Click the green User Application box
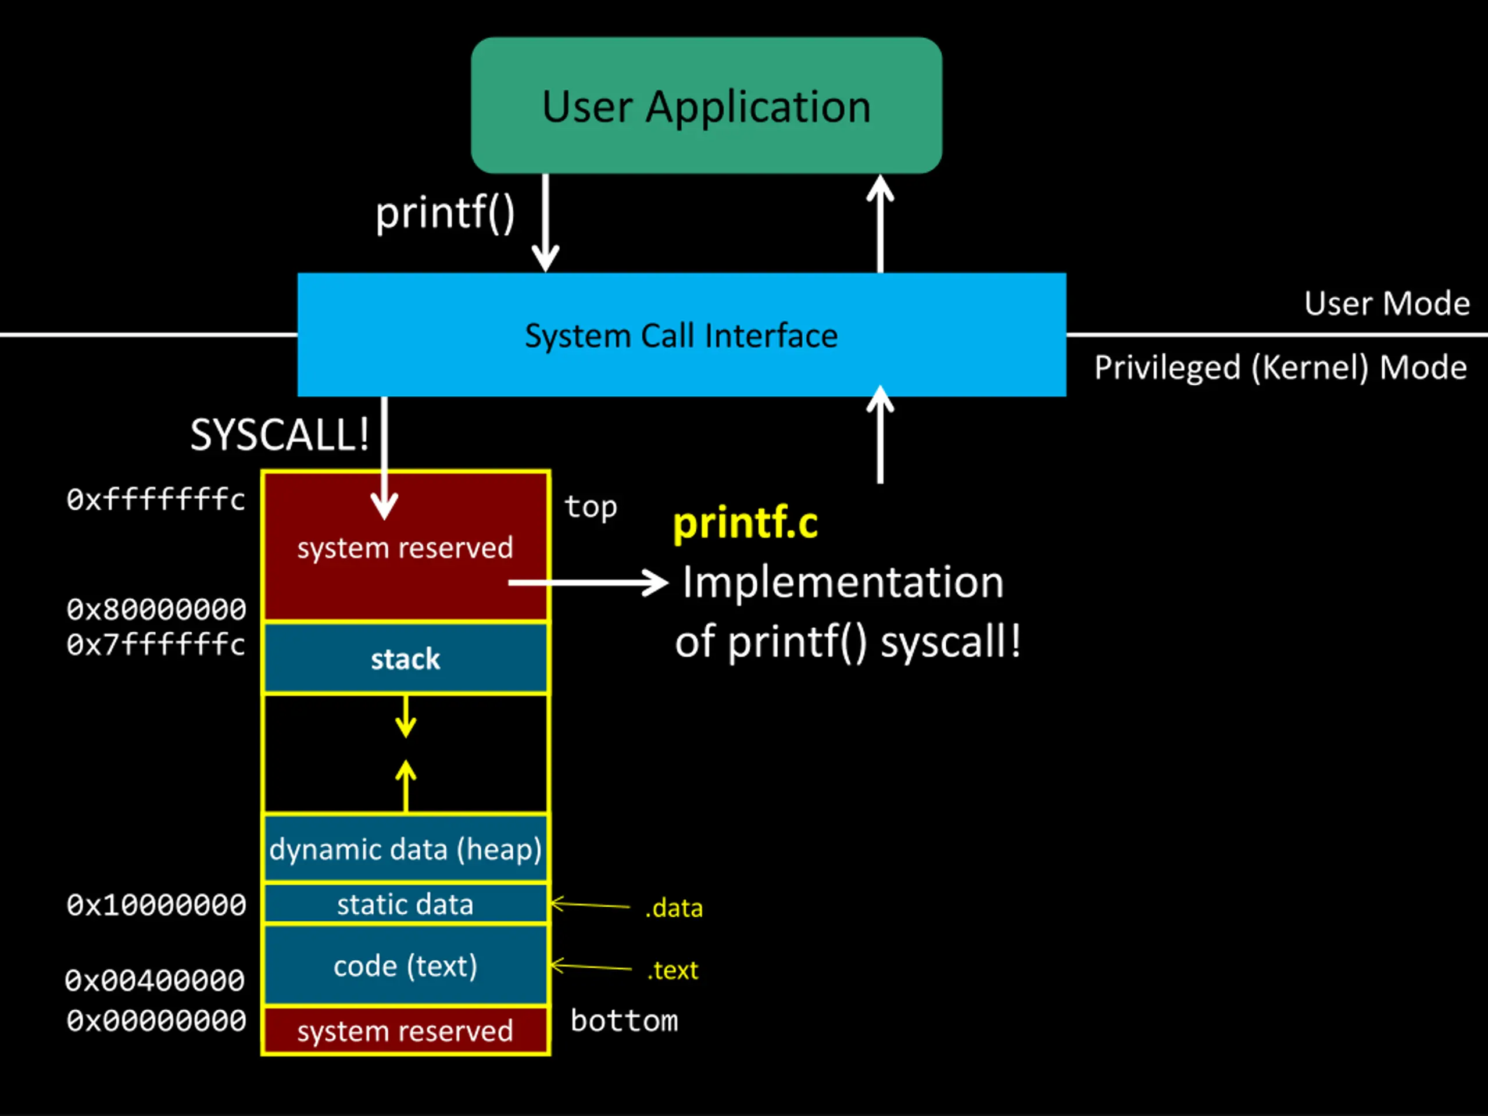tap(706, 106)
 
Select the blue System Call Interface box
tap(681, 334)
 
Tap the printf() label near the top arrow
tap(445, 214)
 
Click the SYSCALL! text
tap(279, 435)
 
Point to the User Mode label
tap(1386, 303)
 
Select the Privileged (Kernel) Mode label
tap(1280, 368)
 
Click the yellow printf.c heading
tap(745, 523)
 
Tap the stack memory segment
tap(406, 659)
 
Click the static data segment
tap(406, 903)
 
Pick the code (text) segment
tap(406, 965)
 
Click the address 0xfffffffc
tap(155, 500)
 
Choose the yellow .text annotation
tap(673, 970)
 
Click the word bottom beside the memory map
tap(624, 1021)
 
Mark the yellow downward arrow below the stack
tap(406, 717)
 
